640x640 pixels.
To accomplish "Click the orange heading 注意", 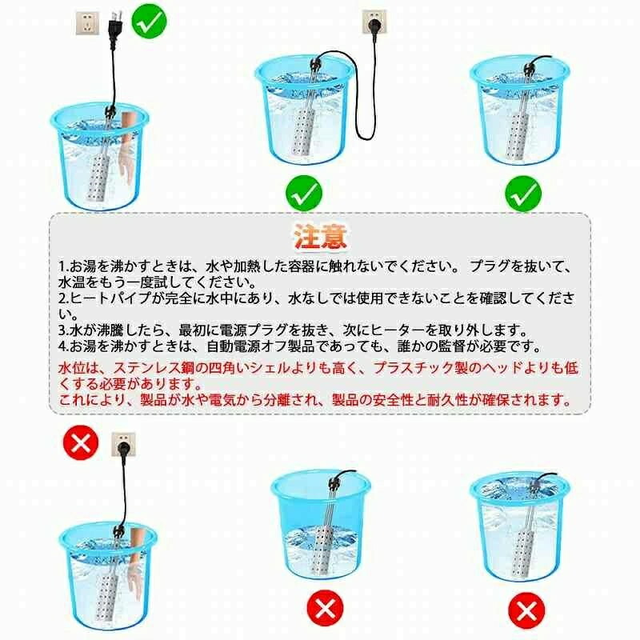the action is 321,237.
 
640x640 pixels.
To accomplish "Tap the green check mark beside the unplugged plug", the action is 150,21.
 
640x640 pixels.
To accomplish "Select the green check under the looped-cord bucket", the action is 304,194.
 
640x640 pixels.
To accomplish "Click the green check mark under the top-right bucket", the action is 523,194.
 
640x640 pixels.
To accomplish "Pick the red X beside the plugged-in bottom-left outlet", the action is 81,442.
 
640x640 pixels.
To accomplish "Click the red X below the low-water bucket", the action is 326,608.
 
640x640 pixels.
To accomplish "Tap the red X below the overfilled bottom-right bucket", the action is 526,611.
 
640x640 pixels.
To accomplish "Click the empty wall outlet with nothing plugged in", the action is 87,23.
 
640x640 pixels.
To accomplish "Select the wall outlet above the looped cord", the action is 374,22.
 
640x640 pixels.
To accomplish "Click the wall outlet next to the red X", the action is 124,445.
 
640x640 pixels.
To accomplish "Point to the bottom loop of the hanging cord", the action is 365,138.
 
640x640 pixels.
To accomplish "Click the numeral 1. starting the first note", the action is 63,266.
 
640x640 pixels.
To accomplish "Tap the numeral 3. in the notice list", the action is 64,330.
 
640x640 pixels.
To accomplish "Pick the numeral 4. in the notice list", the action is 64,346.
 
